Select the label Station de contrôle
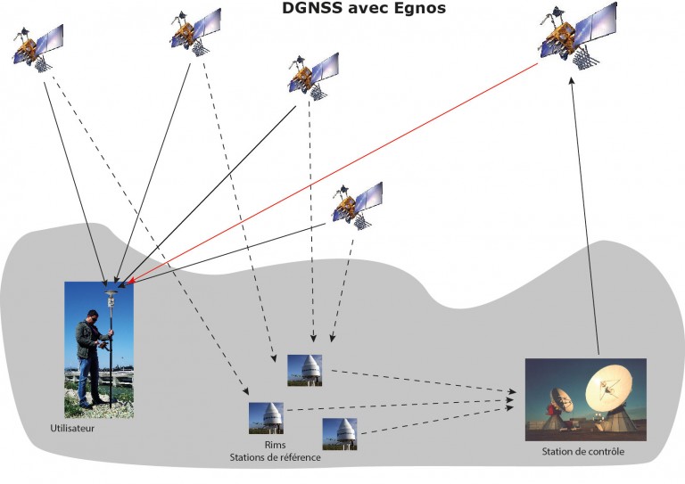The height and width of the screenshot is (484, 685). point(583,452)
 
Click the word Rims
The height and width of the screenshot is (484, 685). point(275,444)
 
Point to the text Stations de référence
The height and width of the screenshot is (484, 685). point(275,457)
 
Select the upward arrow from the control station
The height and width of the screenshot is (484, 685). point(584,214)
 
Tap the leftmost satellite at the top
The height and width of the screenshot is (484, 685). point(37,45)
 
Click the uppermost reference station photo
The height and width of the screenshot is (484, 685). point(304,369)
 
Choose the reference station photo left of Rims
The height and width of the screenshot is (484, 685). point(266,417)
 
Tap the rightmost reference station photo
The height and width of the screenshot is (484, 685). point(340,432)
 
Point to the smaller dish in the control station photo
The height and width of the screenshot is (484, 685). point(560,401)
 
